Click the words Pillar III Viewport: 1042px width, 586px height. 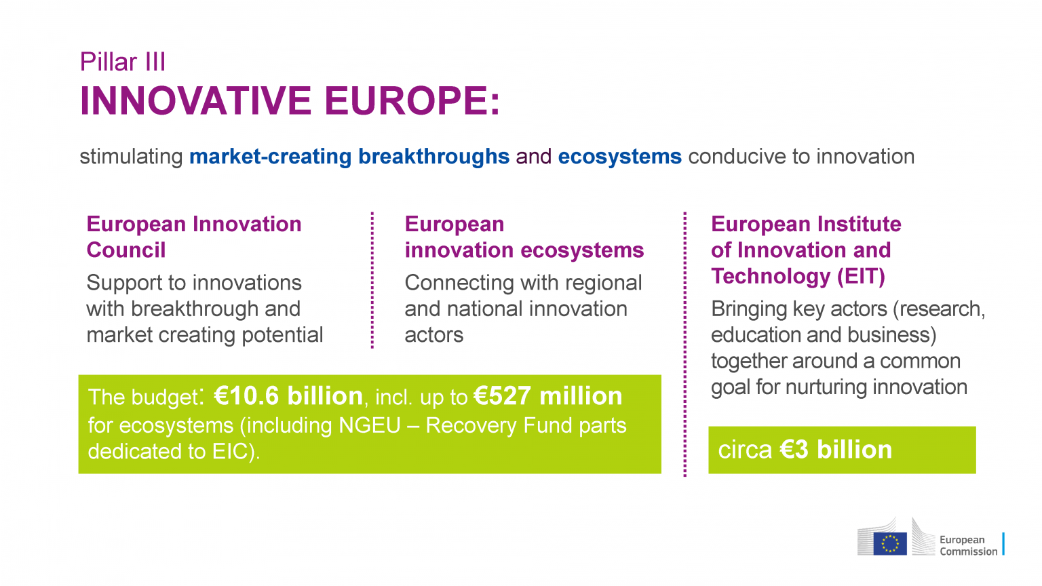pos(123,62)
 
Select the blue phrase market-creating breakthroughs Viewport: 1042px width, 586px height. pos(349,157)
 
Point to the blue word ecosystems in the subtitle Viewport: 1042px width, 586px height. pos(619,157)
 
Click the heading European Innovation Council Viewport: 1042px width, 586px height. pos(193,237)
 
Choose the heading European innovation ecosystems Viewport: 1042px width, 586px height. pos(524,237)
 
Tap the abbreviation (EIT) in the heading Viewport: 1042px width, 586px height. pos(861,277)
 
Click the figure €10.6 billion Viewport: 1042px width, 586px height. pos(289,396)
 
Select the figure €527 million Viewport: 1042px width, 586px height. pos(548,396)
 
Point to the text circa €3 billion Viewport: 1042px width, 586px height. pos(805,450)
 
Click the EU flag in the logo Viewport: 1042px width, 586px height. pos(889,543)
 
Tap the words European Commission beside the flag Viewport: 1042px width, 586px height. pos(968,545)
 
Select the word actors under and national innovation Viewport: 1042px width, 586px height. pos(434,335)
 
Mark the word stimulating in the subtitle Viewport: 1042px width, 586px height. pos(131,157)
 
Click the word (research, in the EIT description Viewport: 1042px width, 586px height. pos(939,309)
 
